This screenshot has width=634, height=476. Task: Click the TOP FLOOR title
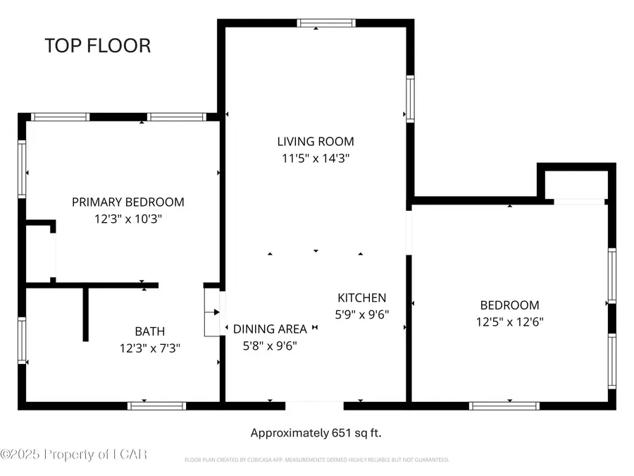98,46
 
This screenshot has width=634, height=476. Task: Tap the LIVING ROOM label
315,141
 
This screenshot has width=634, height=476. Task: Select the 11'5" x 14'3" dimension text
315,159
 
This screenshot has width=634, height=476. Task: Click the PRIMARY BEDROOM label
128,202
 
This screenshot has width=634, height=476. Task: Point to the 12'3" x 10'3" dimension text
128,219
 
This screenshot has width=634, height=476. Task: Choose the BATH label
150,331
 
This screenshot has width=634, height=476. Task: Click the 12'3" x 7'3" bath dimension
150,348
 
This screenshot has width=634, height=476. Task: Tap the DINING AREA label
270,329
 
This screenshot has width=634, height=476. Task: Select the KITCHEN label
361,298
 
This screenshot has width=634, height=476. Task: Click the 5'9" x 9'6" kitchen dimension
363,315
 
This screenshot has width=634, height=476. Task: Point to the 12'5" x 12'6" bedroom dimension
509,322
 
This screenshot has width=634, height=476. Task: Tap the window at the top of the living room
326,23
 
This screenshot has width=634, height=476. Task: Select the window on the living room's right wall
409,99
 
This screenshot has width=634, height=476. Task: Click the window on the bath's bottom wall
156,405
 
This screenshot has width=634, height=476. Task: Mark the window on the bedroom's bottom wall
504,405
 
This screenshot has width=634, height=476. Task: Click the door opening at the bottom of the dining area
314,405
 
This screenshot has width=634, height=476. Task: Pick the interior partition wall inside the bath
86,314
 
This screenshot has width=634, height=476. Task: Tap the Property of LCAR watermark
74,454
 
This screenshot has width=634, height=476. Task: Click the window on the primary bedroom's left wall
22,169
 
